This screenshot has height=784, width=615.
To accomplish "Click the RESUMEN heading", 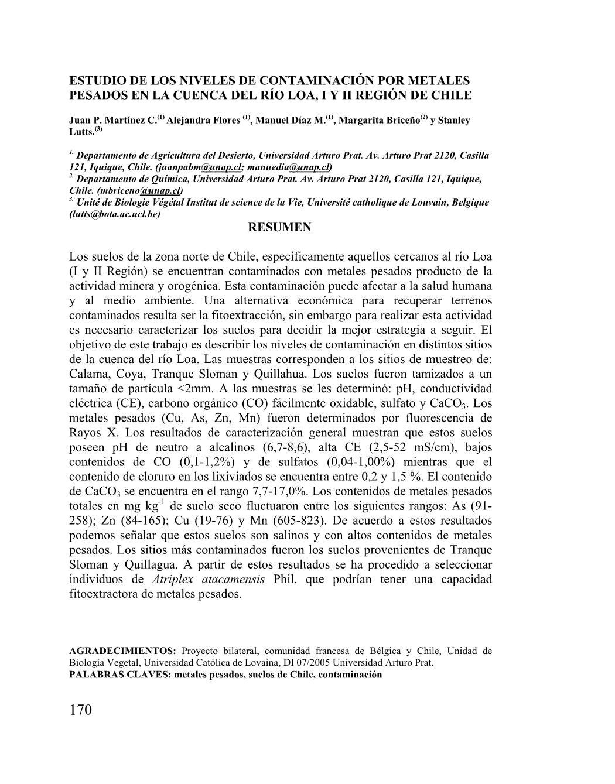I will point(280,227).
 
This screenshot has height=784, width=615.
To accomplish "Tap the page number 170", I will point(81,710).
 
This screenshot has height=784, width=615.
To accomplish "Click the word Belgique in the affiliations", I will point(464,203).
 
